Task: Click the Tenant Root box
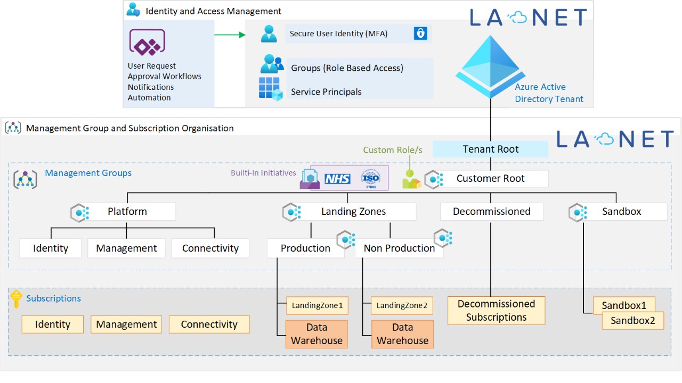coord(490,149)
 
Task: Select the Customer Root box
coord(490,179)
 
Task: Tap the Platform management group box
coord(127,212)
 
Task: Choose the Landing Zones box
coord(353,212)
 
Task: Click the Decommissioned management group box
coord(491,212)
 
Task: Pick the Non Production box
coord(399,248)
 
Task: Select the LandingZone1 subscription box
coord(317,306)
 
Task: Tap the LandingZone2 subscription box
coord(402,306)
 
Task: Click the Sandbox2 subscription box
coord(633,321)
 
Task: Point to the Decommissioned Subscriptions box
coord(496,311)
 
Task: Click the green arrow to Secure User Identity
coord(230,35)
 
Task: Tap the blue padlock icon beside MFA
coord(420,34)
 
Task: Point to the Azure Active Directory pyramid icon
coord(486,66)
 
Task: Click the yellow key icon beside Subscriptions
coord(17,298)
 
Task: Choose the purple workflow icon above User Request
coord(147,43)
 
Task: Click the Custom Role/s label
coord(393,150)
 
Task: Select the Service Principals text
coord(326,92)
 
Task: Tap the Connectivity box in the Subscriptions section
coord(209,324)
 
